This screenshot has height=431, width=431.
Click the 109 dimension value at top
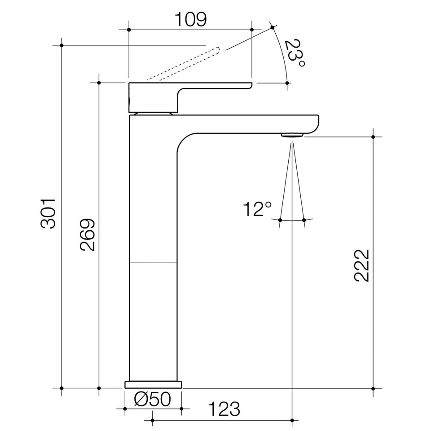(x=191, y=19)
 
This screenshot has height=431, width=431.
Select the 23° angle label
(x=295, y=53)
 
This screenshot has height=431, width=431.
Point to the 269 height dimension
(x=88, y=235)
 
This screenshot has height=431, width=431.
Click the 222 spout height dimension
(x=361, y=265)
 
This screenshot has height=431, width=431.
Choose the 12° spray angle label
(x=257, y=209)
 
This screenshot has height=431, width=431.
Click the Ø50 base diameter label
(x=153, y=399)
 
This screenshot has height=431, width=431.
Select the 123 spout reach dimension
(x=224, y=409)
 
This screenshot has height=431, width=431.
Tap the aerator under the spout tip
(x=292, y=135)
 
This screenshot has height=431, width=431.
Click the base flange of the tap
(x=153, y=385)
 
